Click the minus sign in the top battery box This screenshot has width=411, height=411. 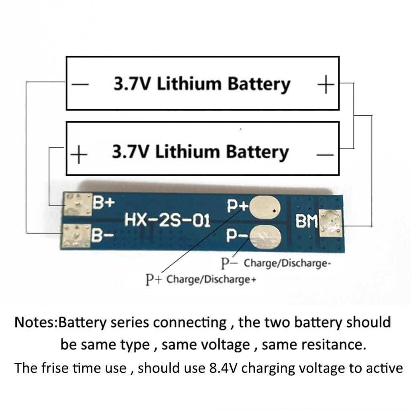pos(80,84)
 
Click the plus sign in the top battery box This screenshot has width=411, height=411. pos(326,84)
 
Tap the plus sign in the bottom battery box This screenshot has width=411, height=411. pos(79,155)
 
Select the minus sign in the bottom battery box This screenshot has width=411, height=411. pos(325,155)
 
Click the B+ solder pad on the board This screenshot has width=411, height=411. pos(78,205)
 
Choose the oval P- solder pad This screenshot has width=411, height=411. pos(265,237)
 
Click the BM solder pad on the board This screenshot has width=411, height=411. pos(330,223)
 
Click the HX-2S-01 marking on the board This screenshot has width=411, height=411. pos(167,220)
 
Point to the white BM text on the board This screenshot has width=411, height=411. pos(307,222)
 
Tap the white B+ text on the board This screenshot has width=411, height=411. pos(104,202)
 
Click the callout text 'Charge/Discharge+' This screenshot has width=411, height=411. pos(211,279)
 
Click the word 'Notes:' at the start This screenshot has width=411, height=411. pos(37,322)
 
